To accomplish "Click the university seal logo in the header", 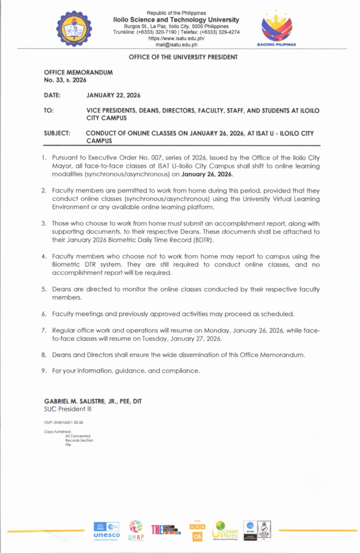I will point(74,29).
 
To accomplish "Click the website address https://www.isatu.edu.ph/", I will point(176,38).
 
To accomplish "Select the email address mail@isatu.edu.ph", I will point(176,45).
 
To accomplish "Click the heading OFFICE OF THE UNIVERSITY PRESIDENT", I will point(183,57).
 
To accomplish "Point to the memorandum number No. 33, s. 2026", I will point(62,79).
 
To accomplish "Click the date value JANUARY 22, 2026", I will point(113,95).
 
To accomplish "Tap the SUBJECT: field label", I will point(57,133).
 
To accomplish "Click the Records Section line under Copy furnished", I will point(79,440).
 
